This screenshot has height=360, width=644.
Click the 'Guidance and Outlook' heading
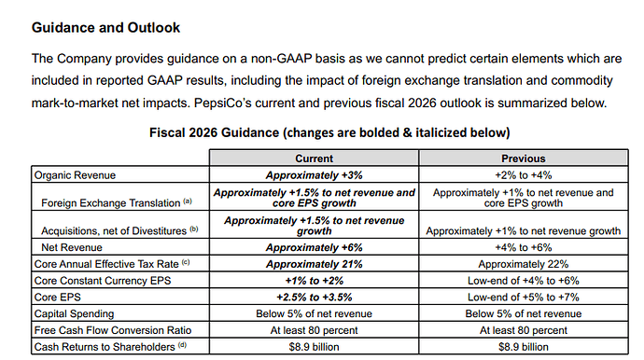(x=105, y=27)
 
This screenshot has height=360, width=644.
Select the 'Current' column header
(x=315, y=159)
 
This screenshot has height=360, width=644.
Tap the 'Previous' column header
(x=524, y=159)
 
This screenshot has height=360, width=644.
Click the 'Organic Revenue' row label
(x=75, y=175)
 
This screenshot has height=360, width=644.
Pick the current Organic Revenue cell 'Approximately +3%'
(x=315, y=175)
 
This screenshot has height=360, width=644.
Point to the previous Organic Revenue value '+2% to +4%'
(x=524, y=175)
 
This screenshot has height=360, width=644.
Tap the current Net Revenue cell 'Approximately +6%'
(x=315, y=247)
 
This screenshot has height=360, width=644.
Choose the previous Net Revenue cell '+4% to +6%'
(x=524, y=247)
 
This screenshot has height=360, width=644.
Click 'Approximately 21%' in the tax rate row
(x=315, y=264)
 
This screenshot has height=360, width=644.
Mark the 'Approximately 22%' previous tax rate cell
(x=524, y=264)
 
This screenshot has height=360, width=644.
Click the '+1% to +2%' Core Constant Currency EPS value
(x=315, y=281)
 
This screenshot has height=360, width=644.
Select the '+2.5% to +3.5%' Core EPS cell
(x=315, y=298)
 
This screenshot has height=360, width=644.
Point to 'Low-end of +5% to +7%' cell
(x=524, y=298)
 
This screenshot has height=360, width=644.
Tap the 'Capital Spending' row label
(x=74, y=313)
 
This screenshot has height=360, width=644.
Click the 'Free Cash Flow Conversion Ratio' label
(x=113, y=330)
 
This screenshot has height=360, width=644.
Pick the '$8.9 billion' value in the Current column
(x=315, y=347)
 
